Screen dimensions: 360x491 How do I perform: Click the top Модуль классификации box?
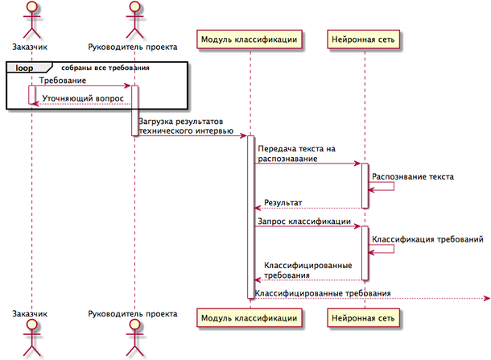[250, 38]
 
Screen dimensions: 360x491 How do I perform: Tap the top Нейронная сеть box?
[365, 38]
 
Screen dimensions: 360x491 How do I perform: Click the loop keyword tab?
[24, 68]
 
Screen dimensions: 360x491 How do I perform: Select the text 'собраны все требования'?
[105, 68]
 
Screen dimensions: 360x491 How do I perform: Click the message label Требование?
[63, 81]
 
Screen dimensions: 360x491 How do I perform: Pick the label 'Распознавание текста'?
[413, 176]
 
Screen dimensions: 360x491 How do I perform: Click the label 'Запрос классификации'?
[303, 220]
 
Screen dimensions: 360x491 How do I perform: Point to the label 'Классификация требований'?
[427, 239]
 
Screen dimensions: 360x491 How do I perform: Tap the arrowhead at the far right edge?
[485, 299]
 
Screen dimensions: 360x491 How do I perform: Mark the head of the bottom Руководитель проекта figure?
[134, 325]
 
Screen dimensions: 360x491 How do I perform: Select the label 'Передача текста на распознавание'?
[295, 154]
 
